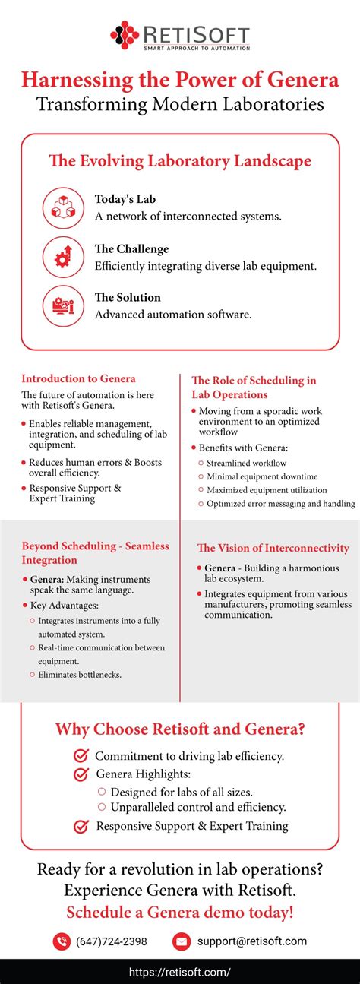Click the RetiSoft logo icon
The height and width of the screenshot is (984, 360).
(125, 35)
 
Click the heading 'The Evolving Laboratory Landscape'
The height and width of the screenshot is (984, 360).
(180, 161)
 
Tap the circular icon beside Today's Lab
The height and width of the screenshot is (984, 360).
(63, 207)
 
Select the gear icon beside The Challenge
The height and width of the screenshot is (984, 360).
(63, 256)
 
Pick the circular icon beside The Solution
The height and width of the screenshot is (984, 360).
(63, 305)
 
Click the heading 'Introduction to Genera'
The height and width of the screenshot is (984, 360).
(78, 378)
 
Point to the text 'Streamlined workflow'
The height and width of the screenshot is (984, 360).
(246, 463)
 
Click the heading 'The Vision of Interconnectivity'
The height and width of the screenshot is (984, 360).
(273, 548)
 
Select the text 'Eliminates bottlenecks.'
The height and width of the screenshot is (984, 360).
(80, 674)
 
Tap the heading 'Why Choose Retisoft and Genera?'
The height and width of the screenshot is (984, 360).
(180, 729)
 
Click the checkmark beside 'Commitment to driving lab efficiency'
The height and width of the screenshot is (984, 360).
(81, 756)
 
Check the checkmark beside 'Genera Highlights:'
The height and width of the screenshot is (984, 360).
(81, 774)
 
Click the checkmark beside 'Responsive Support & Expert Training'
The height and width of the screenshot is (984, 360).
(81, 826)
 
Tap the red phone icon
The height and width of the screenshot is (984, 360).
(62, 941)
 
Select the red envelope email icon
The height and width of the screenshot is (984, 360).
(182, 941)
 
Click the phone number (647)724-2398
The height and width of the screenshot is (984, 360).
(112, 941)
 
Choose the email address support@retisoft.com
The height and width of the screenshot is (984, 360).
(252, 941)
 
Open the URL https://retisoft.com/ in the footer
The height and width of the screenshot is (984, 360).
(180, 972)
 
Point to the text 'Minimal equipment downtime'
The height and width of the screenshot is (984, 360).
(262, 476)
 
